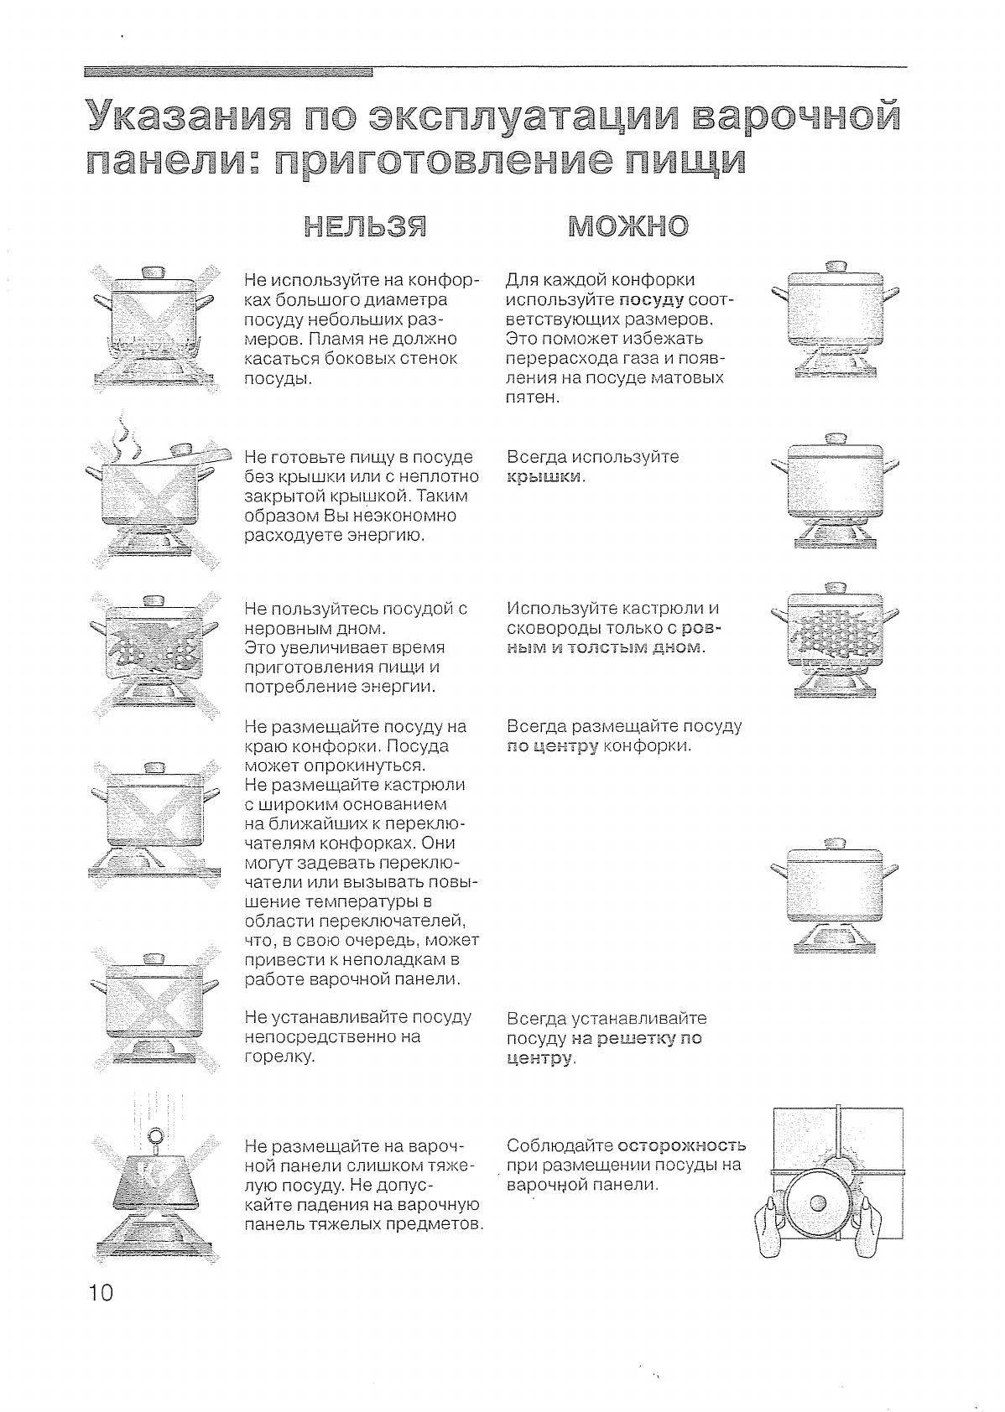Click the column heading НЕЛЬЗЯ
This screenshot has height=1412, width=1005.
pyautogui.click(x=364, y=226)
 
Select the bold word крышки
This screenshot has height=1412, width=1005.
pyautogui.click(x=544, y=477)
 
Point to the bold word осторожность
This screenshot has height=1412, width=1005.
pyautogui.click(x=680, y=1145)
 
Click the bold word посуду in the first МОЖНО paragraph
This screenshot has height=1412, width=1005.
pyautogui.click(x=651, y=300)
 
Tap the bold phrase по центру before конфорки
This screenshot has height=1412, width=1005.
pyautogui.click(x=552, y=746)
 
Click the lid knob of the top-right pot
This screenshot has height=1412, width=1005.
pyautogui.click(x=836, y=267)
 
